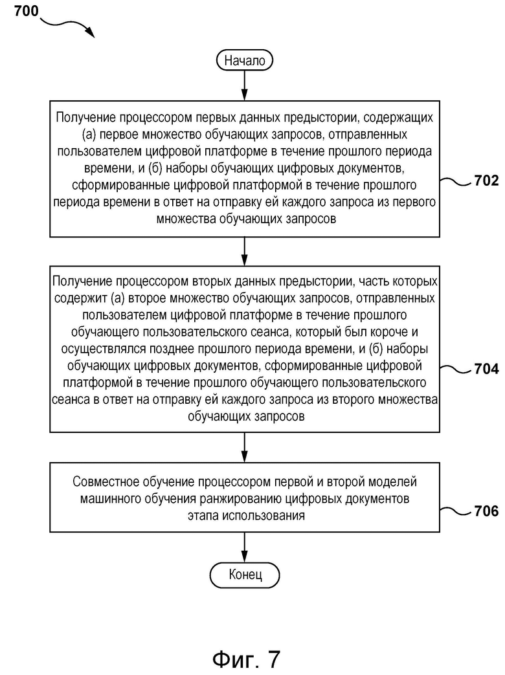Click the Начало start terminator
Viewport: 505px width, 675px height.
click(x=244, y=60)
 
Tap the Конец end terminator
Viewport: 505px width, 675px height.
click(x=245, y=575)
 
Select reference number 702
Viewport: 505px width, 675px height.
click(x=486, y=181)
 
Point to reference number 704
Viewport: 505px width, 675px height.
click(x=486, y=369)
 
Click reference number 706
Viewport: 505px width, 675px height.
click(x=486, y=511)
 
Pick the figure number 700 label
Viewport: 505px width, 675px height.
click(x=27, y=11)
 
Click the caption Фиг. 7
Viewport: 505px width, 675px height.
click(x=246, y=659)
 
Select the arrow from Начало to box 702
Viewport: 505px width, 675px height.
click(x=245, y=86)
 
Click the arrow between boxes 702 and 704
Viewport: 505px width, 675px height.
click(x=245, y=251)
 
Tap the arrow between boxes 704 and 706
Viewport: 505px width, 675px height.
click(x=245, y=448)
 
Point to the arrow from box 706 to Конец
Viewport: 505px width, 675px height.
click(x=245, y=548)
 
